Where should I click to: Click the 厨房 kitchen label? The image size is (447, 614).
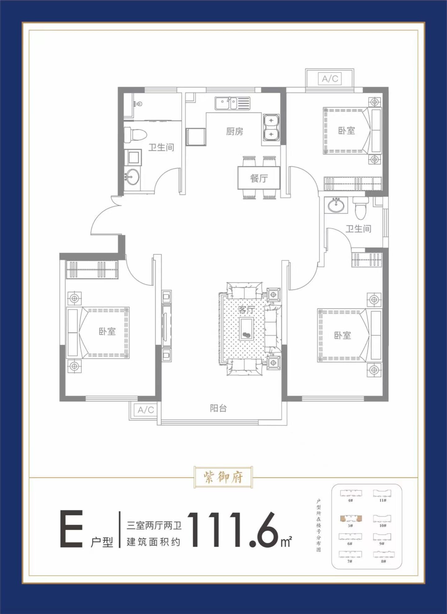point(234,132)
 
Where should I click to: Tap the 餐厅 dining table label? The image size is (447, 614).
point(259,178)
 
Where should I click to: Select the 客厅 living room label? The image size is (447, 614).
point(246,309)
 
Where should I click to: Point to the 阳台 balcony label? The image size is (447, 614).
point(218,408)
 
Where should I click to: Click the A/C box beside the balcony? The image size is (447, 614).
point(146,410)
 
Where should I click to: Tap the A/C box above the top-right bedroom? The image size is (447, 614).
point(330,79)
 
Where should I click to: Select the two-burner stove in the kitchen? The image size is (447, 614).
point(271,127)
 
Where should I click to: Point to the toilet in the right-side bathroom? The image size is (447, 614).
point(361,207)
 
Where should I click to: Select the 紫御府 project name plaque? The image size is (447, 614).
point(223,477)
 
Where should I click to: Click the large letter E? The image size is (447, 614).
point(71,529)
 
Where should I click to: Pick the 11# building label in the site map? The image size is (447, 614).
point(382,500)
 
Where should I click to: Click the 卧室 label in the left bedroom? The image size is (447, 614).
point(107,332)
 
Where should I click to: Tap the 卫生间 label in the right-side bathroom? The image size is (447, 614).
point(359,229)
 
